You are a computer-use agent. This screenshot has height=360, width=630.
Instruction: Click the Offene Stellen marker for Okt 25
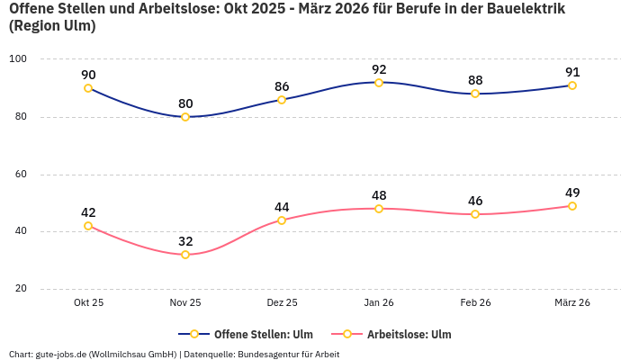click(x=88, y=88)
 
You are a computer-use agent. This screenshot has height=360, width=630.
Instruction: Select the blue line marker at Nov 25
click(x=185, y=117)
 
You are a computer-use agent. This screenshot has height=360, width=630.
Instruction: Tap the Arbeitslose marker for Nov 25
click(x=185, y=255)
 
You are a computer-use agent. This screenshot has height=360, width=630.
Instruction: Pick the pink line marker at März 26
click(x=572, y=206)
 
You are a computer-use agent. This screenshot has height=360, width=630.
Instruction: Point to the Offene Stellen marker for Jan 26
click(x=379, y=83)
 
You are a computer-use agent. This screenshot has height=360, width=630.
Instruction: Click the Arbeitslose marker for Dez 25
click(x=282, y=220)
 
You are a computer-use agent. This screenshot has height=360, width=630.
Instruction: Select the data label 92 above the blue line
click(x=379, y=68)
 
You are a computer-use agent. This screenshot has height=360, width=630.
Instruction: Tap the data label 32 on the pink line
click(x=185, y=241)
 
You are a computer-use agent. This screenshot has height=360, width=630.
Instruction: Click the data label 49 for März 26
click(x=572, y=193)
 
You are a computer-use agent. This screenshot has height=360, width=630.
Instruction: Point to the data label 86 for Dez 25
click(x=282, y=86)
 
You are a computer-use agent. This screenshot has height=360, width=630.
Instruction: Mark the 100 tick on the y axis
click(x=18, y=59)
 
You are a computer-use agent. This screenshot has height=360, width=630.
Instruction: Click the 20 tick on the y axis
click(x=20, y=289)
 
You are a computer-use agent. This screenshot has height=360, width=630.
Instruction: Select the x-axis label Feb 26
click(x=475, y=303)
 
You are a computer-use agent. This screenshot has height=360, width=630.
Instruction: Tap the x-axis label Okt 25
click(x=88, y=303)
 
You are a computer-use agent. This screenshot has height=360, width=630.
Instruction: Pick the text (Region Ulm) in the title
click(x=52, y=26)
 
